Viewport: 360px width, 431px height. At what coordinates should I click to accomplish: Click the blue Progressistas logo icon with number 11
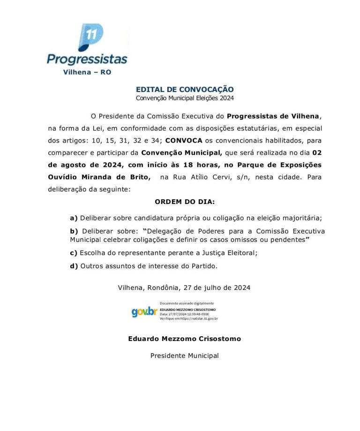tap(90, 37)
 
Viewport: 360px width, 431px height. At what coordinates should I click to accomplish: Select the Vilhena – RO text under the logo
tap(87, 72)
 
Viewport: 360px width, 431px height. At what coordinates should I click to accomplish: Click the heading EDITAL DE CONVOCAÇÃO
tap(185, 89)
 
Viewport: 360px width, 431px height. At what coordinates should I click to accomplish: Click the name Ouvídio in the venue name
tap(65, 177)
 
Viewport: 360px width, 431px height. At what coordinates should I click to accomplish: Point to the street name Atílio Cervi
tap(212, 177)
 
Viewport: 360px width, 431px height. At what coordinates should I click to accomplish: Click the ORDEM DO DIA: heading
tap(185, 202)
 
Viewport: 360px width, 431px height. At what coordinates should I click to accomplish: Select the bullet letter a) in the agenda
tap(74, 218)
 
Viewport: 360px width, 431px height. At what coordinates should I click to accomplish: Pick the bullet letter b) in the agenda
tap(74, 232)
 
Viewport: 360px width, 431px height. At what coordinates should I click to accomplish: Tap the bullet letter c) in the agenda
tap(74, 253)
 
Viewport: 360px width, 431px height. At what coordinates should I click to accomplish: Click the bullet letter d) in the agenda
tap(74, 266)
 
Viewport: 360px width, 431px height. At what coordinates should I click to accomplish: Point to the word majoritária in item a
tap(302, 218)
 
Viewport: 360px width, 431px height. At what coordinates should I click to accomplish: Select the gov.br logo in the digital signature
tap(144, 311)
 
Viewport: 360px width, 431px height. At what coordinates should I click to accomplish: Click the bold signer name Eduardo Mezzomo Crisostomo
tap(185, 339)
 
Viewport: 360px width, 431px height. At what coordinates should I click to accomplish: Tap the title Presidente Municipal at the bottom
tap(185, 355)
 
